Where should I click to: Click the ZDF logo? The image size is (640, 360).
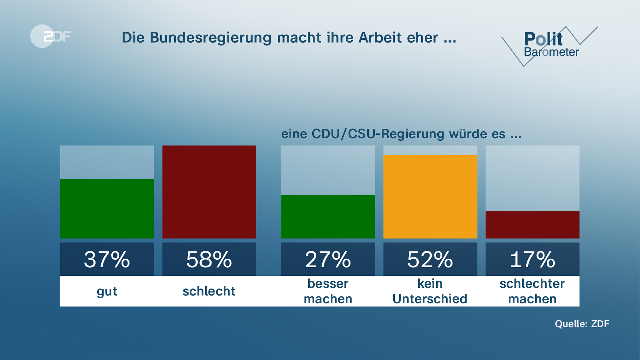pyautogui.click(x=51, y=36)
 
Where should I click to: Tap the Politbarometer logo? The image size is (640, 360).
pyautogui.click(x=550, y=45)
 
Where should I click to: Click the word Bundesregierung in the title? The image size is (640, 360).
pyautogui.click(x=210, y=38)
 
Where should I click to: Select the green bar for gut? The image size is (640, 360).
pyautogui.click(x=107, y=209)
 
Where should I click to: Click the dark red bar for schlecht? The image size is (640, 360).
pyautogui.click(x=209, y=192)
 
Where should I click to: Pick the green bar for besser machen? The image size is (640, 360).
pyautogui.click(x=328, y=217)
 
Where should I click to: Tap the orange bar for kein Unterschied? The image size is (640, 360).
pyautogui.click(x=430, y=197)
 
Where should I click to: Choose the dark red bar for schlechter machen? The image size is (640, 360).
pyautogui.click(x=532, y=225)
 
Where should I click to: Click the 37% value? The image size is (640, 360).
pyautogui.click(x=107, y=260)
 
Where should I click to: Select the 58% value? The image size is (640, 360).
pyautogui.click(x=209, y=260)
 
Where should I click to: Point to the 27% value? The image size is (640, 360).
pyautogui.click(x=328, y=260)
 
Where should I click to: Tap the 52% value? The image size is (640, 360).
pyautogui.click(x=430, y=260)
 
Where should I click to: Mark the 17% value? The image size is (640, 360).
pyautogui.click(x=532, y=260)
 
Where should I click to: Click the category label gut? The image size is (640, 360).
pyautogui.click(x=107, y=291)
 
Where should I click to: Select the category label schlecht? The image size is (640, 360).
pyautogui.click(x=209, y=291)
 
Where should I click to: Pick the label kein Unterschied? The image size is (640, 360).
pyautogui.click(x=430, y=291)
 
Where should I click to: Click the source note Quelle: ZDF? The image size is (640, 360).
pyautogui.click(x=582, y=324)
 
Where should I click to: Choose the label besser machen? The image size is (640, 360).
pyautogui.click(x=328, y=291)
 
